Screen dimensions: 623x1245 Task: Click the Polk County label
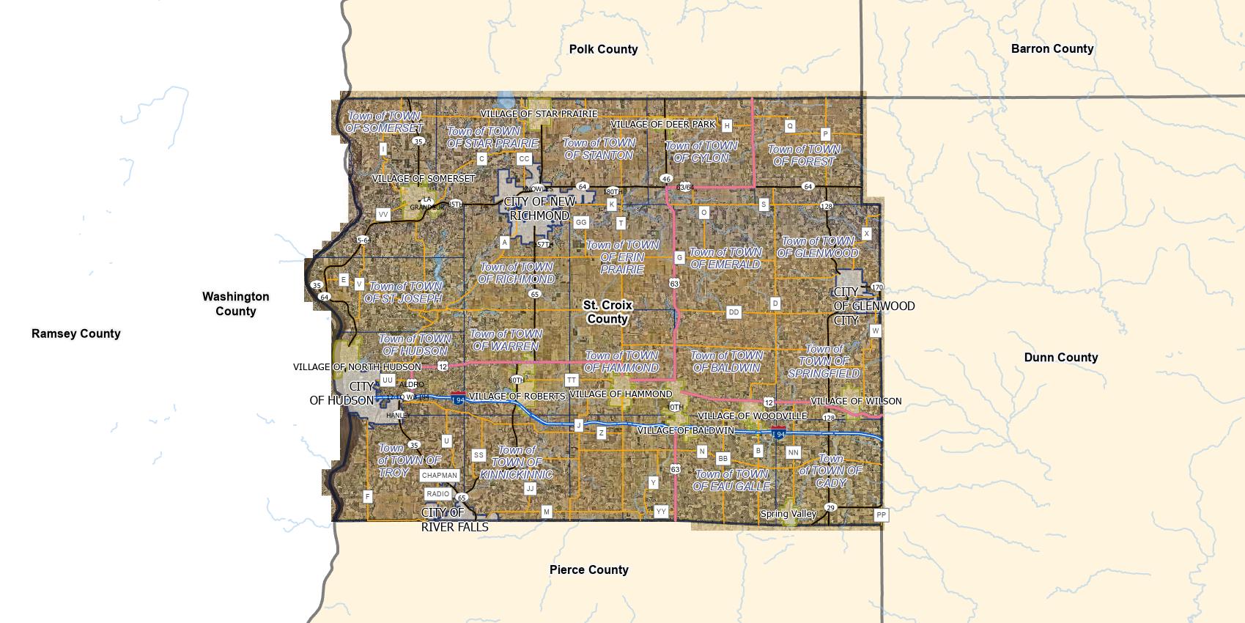(603, 49)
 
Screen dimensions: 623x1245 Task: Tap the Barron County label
(1052, 48)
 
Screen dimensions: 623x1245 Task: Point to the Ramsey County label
(75, 333)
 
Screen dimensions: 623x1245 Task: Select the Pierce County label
(588, 569)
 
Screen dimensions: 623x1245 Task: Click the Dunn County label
(1060, 357)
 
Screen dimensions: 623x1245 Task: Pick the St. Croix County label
(607, 311)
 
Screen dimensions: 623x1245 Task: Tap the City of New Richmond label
(539, 208)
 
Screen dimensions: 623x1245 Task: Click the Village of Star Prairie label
(539, 114)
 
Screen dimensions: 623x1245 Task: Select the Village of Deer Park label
(662, 124)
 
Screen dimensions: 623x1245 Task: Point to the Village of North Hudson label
(357, 366)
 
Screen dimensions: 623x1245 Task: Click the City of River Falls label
(454, 520)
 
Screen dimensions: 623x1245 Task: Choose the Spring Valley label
(788, 514)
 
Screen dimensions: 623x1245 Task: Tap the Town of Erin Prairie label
(622, 257)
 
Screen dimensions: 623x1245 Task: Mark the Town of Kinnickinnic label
(516, 462)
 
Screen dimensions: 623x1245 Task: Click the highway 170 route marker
(877, 287)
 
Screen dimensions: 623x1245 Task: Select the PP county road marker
(881, 515)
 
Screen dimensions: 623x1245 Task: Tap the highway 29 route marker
(830, 507)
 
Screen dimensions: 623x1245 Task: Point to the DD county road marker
(734, 312)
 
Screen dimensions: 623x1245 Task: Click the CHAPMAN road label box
(439, 476)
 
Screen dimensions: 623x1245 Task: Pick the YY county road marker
(661, 512)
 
